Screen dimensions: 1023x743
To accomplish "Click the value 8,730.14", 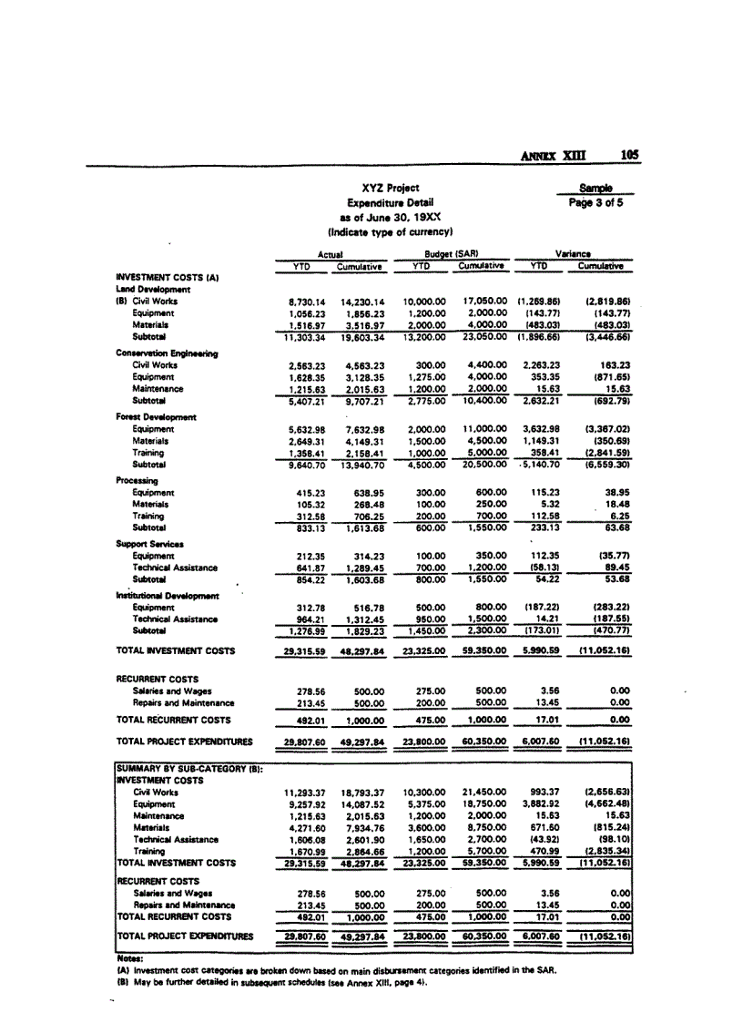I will point(307,300).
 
